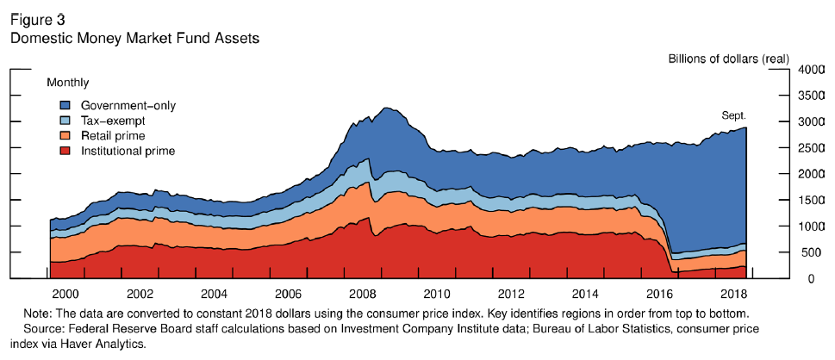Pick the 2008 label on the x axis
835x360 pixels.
(x=363, y=294)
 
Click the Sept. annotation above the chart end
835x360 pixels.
(x=733, y=115)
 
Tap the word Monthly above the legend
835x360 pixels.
(x=66, y=83)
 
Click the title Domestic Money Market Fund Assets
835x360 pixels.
(x=134, y=39)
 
